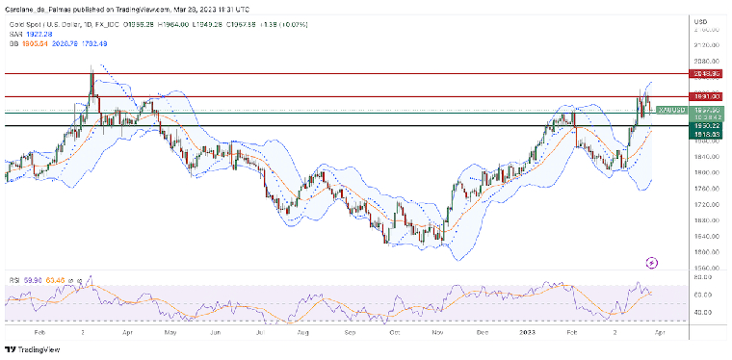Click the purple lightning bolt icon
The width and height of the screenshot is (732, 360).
pyautogui.click(x=652, y=261)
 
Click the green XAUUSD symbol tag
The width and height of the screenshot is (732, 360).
pyautogui.click(x=670, y=111)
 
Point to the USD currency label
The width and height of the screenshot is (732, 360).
pyautogui.click(x=700, y=20)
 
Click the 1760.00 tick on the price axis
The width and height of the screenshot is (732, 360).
pyautogui.click(x=706, y=204)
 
